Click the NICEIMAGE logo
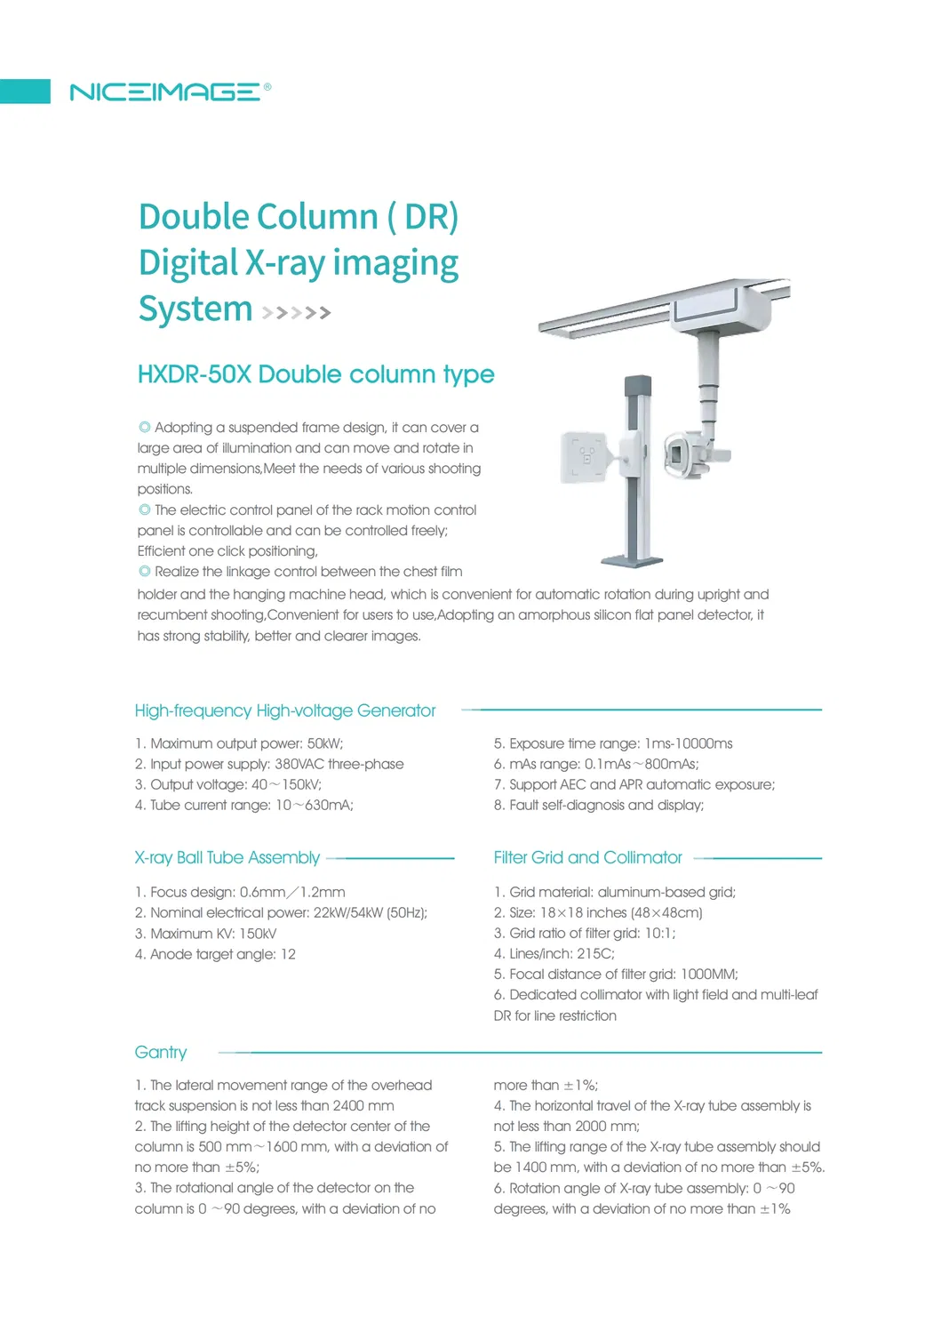170,92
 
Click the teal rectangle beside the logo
25,91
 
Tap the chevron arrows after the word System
296,312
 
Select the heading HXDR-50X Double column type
315,374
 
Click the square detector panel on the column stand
585,457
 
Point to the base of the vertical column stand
632,561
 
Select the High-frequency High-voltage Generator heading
284,710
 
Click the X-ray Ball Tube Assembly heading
227,857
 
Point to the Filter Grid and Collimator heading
587,857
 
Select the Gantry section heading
161,1053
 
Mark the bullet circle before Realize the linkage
144,571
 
